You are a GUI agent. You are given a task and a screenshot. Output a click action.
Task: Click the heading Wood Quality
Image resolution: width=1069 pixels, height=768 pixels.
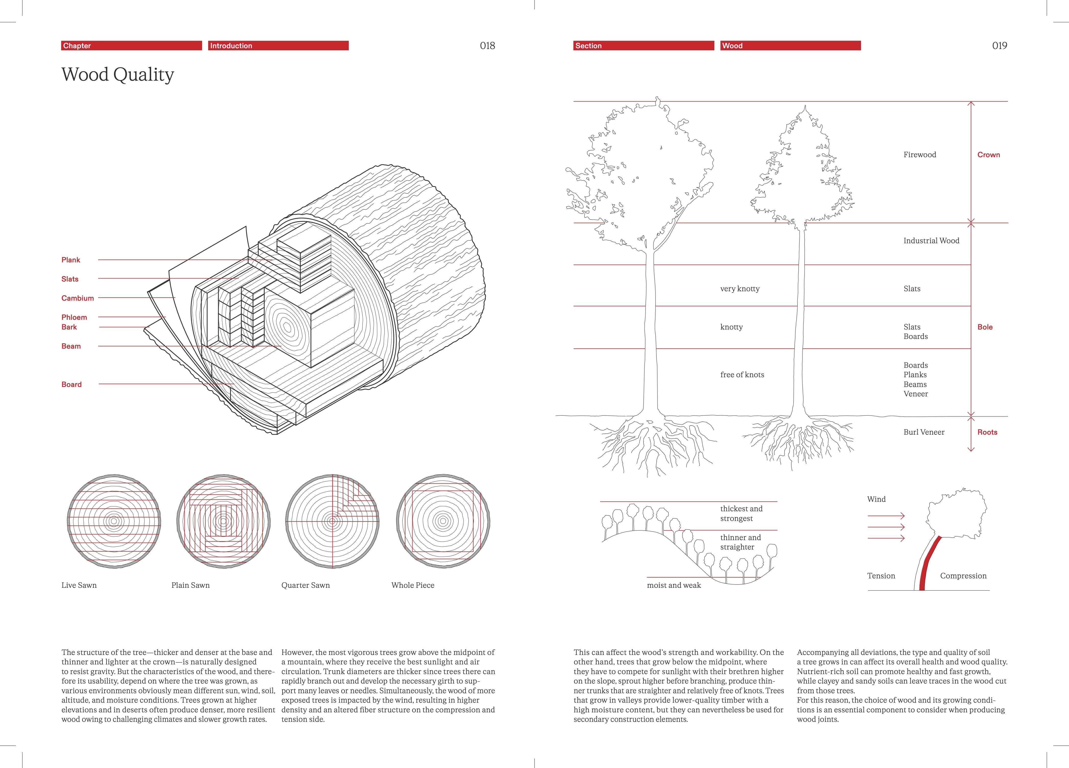pos(118,75)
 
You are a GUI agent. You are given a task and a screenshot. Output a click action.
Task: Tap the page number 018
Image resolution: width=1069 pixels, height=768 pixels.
pos(487,46)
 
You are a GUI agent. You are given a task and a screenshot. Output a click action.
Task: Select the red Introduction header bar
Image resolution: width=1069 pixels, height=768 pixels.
pos(278,46)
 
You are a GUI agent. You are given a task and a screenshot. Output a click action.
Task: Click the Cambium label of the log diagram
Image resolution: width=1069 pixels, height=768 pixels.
pos(78,298)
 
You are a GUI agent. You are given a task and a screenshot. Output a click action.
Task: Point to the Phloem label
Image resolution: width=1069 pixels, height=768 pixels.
pos(74,317)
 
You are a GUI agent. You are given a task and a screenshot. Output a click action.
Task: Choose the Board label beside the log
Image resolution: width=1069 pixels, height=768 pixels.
pos(72,384)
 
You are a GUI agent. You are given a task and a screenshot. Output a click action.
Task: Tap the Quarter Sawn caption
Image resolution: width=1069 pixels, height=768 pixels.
pos(305,585)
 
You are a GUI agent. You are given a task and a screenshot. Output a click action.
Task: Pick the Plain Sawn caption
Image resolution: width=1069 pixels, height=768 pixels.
pos(190,585)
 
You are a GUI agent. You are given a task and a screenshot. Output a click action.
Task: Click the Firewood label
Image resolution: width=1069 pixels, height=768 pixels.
pos(919,155)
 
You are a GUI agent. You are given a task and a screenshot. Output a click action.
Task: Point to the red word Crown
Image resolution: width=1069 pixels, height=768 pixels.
pos(988,155)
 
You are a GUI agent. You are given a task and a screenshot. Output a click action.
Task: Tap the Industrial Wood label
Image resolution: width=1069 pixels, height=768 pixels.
pos(931,240)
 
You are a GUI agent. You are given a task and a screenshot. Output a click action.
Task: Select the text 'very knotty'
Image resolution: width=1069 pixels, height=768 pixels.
pos(740,288)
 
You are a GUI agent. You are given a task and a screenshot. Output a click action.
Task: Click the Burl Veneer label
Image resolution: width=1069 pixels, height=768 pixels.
pos(924,432)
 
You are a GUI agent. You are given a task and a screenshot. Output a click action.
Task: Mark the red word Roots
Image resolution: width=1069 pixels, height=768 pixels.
pos(987,432)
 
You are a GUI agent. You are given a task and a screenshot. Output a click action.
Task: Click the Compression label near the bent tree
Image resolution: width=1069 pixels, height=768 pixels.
pos(963,576)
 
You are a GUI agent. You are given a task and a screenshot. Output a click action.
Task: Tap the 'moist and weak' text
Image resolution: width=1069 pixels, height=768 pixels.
pos(674,585)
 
